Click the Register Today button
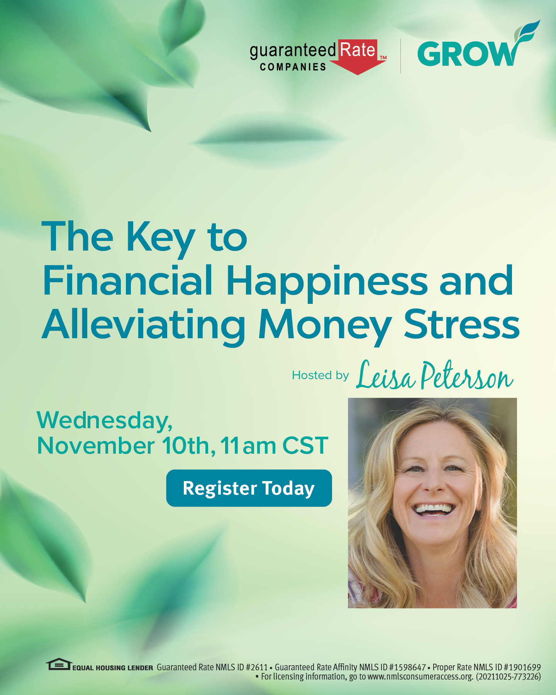[x=249, y=488]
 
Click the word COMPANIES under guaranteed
[x=293, y=67]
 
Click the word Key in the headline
[x=161, y=237]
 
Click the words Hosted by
[x=320, y=375]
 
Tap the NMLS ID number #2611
[x=257, y=667]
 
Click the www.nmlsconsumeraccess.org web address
[x=420, y=676]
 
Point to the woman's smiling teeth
[x=433, y=509]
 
